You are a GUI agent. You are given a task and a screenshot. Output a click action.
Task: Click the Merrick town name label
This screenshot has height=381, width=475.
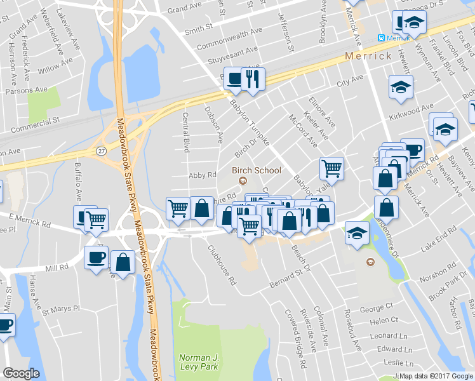point(368,56)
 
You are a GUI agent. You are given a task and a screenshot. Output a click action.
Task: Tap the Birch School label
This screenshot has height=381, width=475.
point(257,170)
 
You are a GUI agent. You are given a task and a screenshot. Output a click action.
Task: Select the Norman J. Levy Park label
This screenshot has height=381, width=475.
point(199,361)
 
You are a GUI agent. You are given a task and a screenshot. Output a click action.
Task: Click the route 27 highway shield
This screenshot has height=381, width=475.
point(102,150)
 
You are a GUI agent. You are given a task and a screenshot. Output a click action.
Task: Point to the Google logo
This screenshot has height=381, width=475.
point(21,373)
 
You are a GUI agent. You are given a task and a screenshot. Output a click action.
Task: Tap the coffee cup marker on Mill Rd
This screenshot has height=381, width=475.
point(97,257)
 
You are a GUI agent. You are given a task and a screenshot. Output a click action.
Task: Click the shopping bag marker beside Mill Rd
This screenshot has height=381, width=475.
point(123,262)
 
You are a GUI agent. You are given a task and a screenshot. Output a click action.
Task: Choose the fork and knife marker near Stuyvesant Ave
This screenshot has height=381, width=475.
point(253,79)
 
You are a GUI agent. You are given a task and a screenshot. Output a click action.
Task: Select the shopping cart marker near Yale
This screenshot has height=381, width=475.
point(331,169)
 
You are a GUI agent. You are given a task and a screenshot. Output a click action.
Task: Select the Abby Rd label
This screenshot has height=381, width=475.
point(203,175)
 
